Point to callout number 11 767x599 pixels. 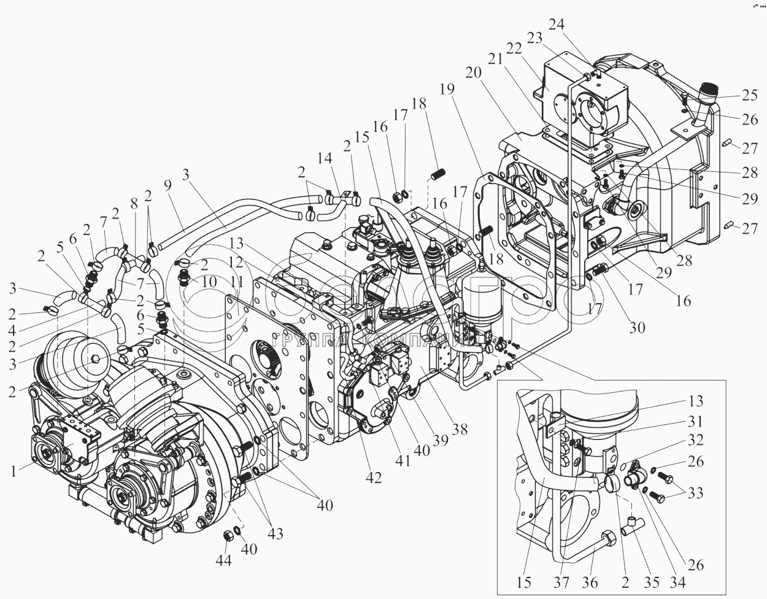(238, 282)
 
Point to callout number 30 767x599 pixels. (638, 327)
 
